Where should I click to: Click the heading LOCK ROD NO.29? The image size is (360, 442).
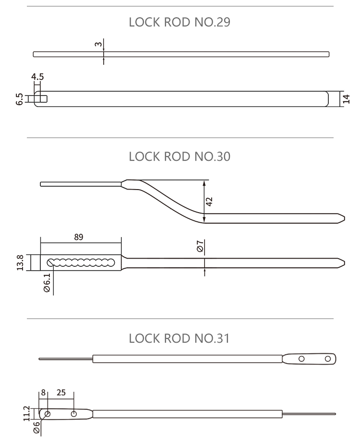[180, 23]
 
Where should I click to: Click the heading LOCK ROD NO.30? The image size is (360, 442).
[180, 156]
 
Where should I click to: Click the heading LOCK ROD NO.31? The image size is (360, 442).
[180, 338]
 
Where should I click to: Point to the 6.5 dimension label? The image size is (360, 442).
[20, 99]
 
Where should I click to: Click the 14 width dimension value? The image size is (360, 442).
[347, 98]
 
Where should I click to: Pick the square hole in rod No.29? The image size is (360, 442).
[41, 98]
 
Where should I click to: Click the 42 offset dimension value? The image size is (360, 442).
[210, 201]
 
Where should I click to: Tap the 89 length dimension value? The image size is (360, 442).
[78, 237]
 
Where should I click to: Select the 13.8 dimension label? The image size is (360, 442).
[20, 263]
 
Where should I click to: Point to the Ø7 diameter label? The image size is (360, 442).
[200, 247]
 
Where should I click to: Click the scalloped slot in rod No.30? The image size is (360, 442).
[81, 262]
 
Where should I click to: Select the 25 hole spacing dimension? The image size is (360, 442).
[61, 392]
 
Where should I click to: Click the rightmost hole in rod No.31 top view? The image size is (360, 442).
[328, 358]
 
